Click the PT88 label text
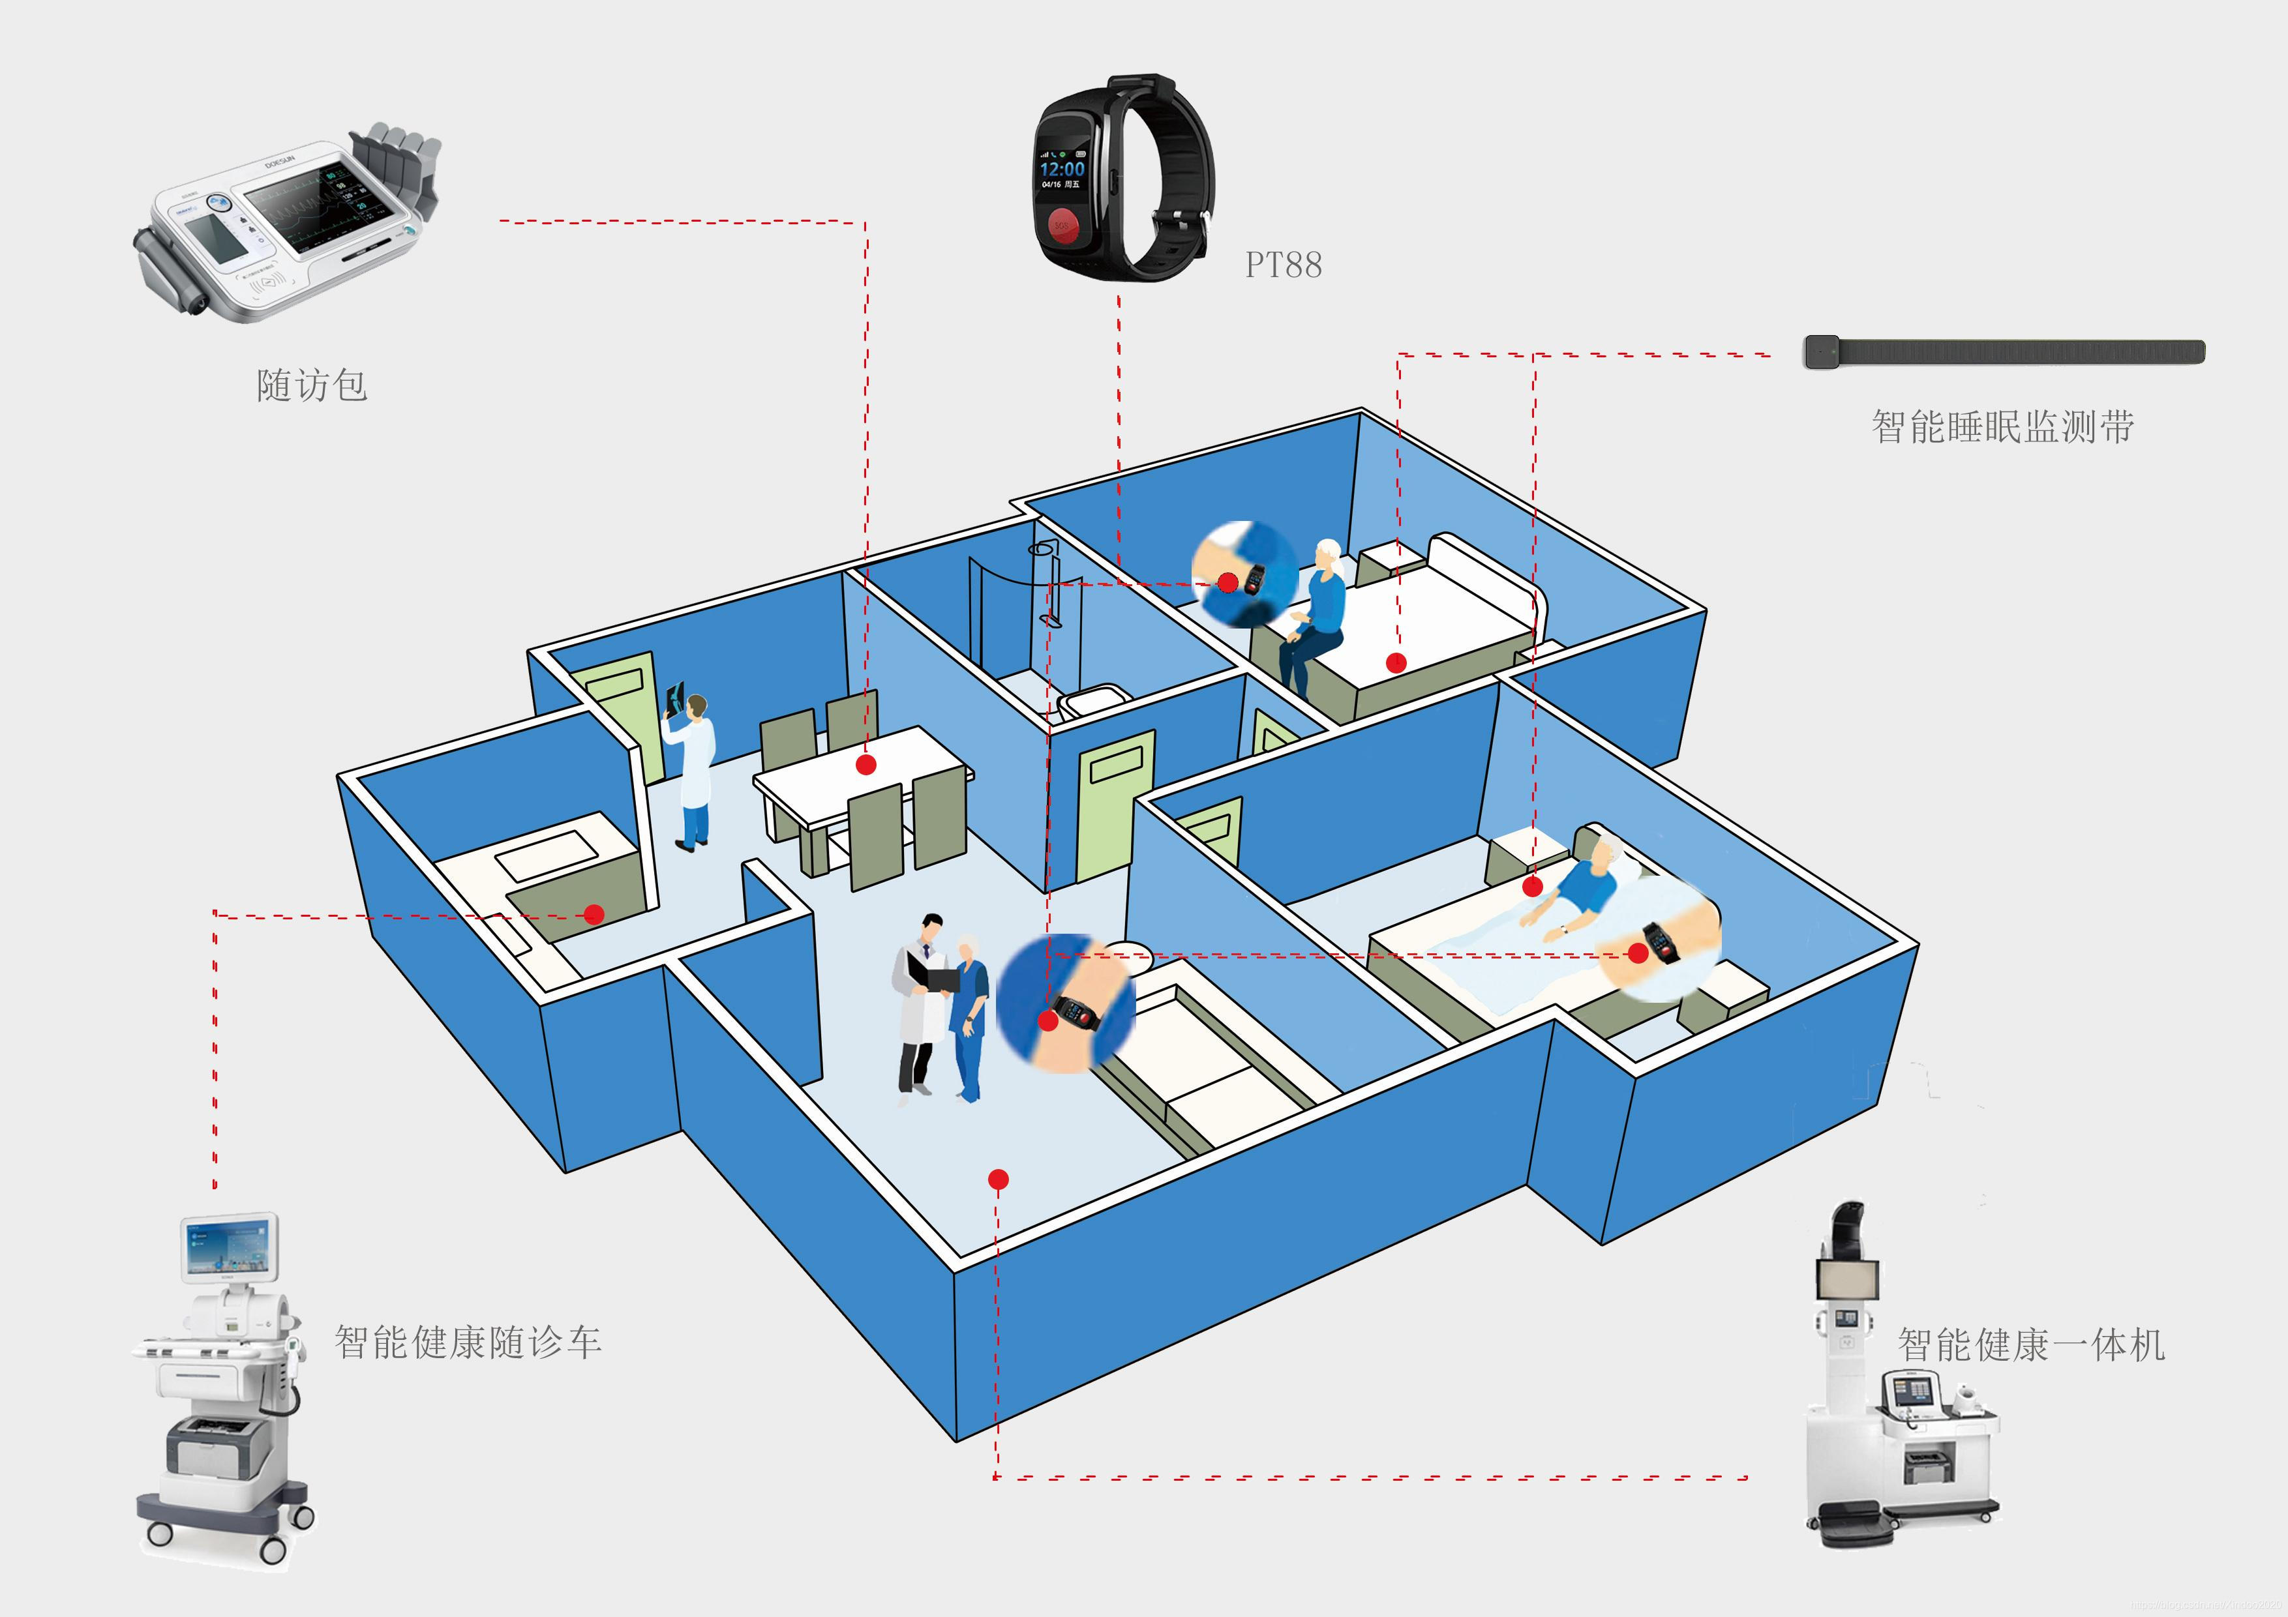[x=1284, y=265]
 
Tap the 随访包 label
[x=312, y=385]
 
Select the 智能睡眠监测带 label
[x=2002, y=426]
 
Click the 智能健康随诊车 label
[x=468, y=1342]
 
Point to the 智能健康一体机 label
[x=2031, y=1345]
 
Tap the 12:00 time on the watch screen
[x=1062, y=170]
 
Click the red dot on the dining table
[x=866, y=764]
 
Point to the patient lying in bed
[x=1584, y=887]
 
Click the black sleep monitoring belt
[x=2003, y=351]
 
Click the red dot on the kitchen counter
[x=594, y=913]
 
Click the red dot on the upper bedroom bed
[x=1396, y=662]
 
